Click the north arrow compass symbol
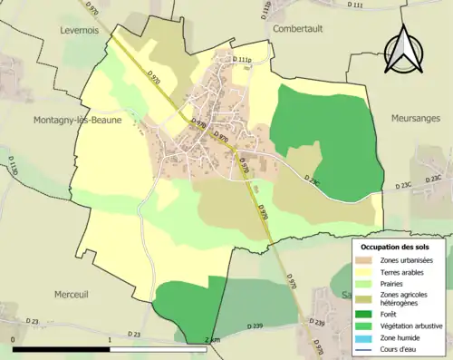point(405,53)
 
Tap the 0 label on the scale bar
point(14,340)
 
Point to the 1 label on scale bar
point(109,340)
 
